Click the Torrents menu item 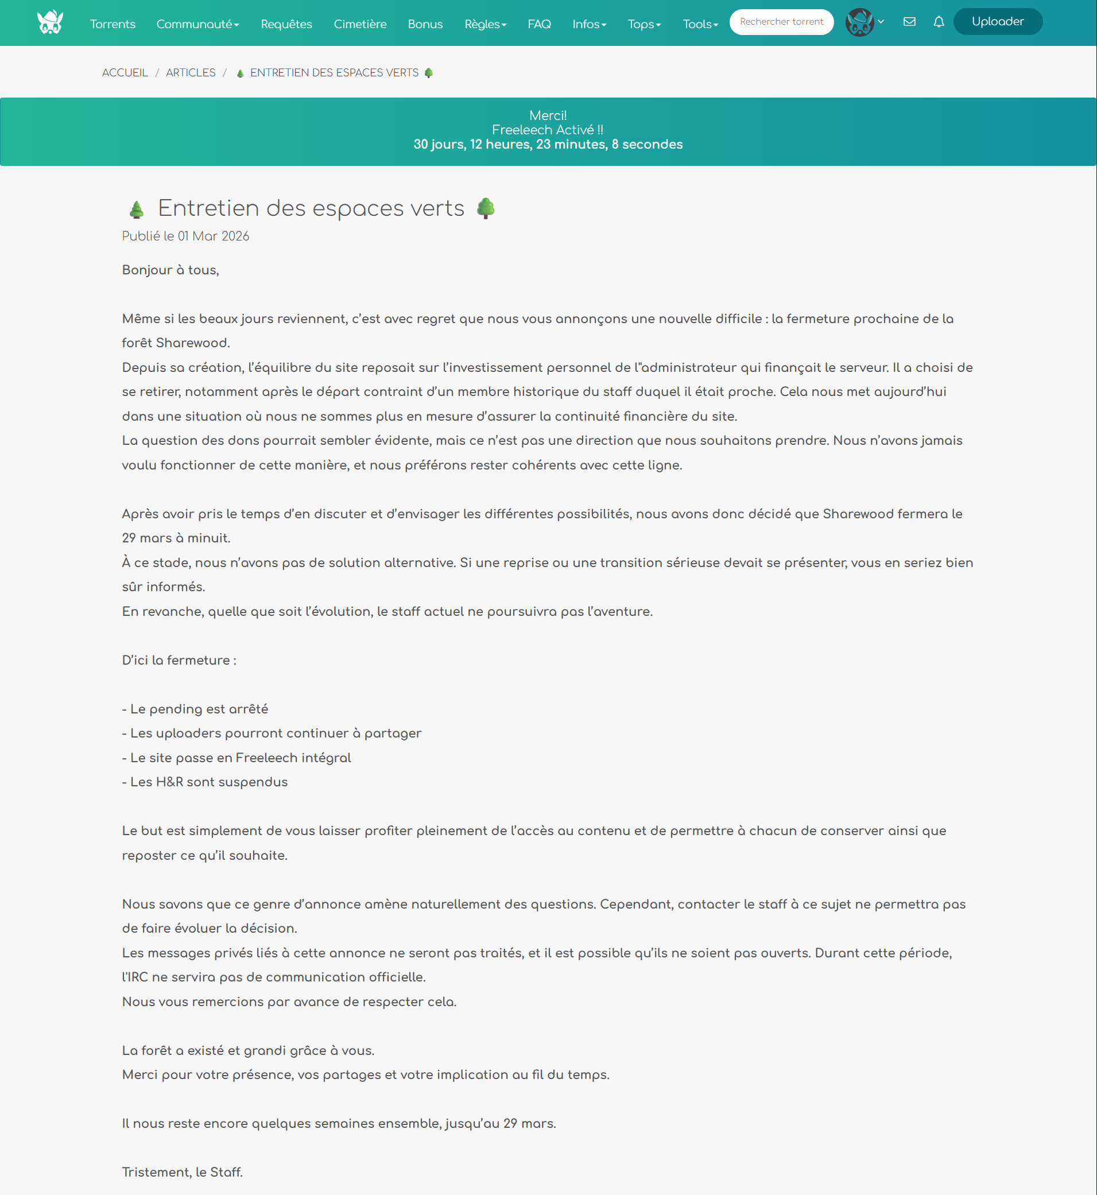click(112, 24)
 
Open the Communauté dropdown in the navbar click(197, 24)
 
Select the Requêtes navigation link click(286, 24)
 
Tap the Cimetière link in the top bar click(360, 24)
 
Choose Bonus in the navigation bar click(425, 24)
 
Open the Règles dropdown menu click(485, 24)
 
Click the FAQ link click(539, 24)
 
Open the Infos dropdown click(589, 24)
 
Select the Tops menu click(644, 24)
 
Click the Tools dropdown click(700, 24)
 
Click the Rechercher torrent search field click(781, 22)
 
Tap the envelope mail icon click(909, 22)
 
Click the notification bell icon click(939, 22)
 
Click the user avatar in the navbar click(859, 22)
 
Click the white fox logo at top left click(50, 22)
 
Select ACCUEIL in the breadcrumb click(125, 73)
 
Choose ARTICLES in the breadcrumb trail click(191, 73)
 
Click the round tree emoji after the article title click(486, 208)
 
